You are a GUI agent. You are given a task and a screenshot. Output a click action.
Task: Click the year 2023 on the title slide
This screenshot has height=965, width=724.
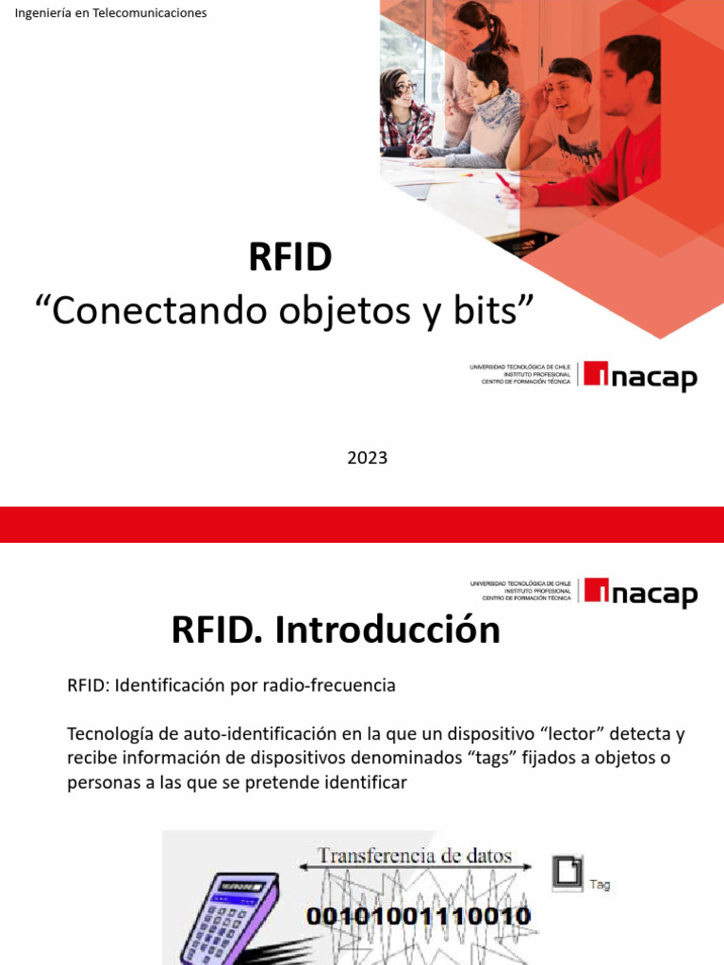[x=367, y=458]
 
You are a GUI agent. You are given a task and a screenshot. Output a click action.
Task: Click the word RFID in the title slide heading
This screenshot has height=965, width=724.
[x=290, y=257]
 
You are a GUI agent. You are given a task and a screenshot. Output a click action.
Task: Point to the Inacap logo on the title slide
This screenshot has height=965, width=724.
[x=640, y=376]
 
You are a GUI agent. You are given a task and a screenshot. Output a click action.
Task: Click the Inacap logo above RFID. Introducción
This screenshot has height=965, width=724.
[x=640, y=593]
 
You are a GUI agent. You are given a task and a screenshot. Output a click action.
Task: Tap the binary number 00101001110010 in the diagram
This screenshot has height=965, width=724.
[x=418, y=915]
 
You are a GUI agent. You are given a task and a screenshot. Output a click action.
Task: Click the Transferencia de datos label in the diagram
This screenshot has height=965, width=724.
[x=415, y=857]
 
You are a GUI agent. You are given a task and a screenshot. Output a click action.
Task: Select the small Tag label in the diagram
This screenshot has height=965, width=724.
[x=600, y=885]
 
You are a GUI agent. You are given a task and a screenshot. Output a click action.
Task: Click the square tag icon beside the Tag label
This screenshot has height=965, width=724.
[x=568, y=872]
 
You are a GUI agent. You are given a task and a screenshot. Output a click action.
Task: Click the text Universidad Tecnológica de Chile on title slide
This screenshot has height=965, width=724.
[x=520, y=367]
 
